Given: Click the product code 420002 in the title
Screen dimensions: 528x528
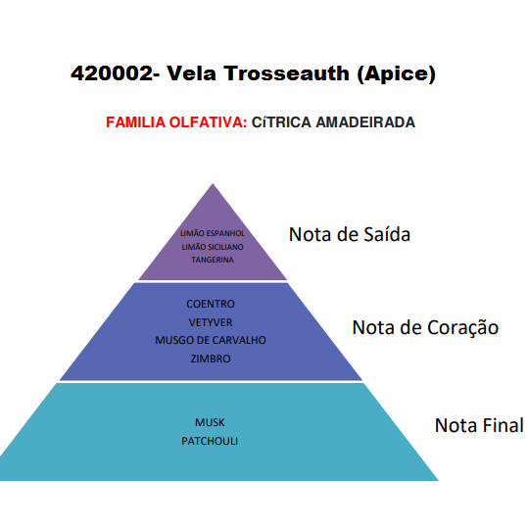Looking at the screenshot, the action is (112, 73).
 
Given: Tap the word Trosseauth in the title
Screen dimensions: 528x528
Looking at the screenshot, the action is (287, 73).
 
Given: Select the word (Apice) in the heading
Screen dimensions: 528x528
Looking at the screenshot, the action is (397, 73).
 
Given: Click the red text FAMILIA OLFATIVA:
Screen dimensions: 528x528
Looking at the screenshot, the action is (176, 121).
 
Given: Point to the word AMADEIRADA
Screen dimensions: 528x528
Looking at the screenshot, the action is (365, 121).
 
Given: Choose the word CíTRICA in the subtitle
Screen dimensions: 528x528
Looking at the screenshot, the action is (281, 121).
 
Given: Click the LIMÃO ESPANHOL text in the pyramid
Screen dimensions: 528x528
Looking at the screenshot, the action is (213, 233).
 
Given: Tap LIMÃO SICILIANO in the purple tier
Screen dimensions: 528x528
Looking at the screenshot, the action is (213, 247).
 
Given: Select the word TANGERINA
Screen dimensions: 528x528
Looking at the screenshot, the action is (213, 260).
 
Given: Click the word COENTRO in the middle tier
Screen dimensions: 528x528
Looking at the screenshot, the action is (211, 304).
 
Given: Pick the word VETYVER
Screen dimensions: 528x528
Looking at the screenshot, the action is (211, 322).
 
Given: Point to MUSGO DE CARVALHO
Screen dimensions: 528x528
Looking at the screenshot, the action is (211, 340).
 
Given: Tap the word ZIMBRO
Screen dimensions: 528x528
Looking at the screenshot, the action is (211, 359).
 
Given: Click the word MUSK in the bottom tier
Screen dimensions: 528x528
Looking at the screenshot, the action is (210, 422).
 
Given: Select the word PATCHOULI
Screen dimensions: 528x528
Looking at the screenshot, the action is (210, 441).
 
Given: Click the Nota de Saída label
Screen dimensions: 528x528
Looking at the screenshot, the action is (350, 234).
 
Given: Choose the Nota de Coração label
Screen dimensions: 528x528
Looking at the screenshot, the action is (425, 327).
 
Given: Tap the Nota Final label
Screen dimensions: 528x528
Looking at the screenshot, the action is (479, 425).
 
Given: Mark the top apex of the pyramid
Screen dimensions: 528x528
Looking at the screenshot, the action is (213, 184).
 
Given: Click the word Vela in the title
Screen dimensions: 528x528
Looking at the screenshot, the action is (191, 73).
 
